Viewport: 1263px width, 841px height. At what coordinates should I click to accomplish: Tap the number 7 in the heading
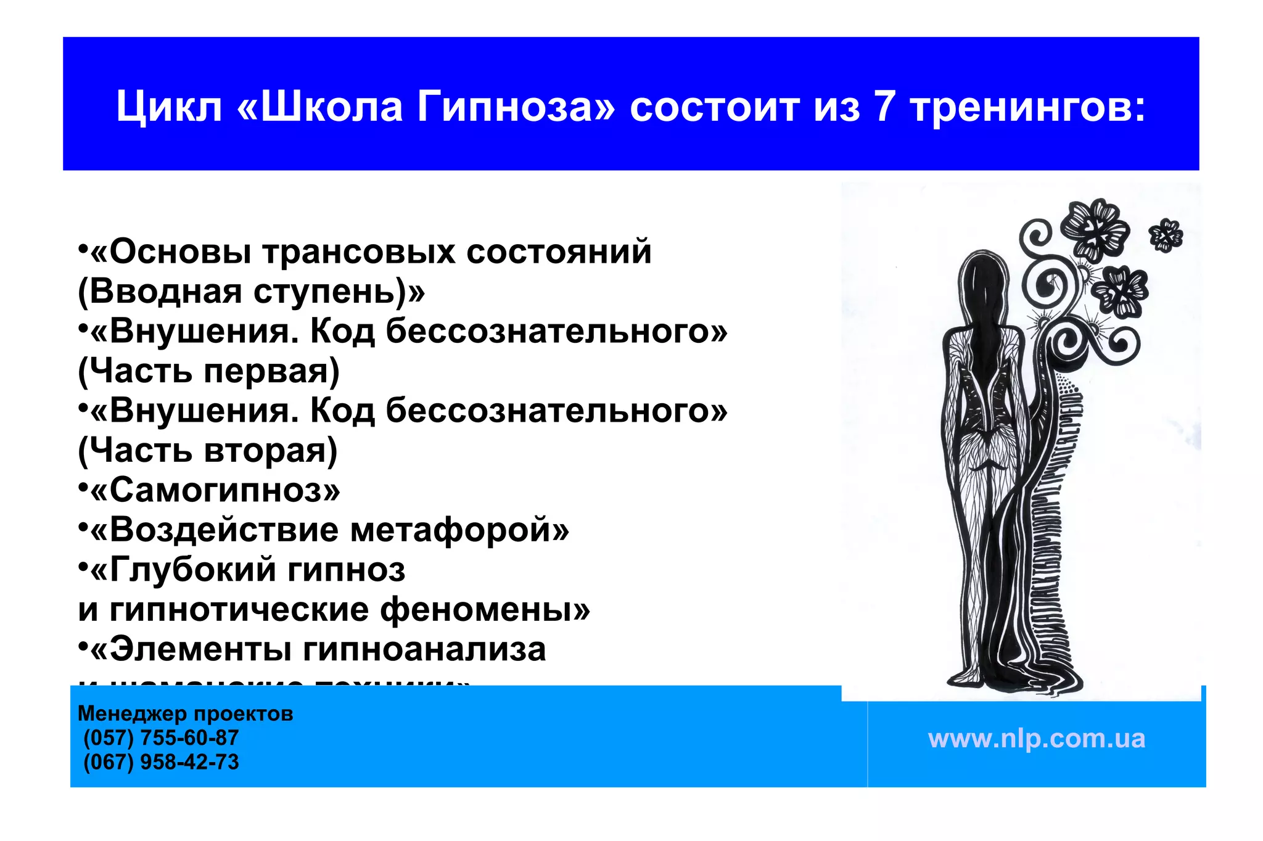884,107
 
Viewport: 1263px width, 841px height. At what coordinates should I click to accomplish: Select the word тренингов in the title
1027,107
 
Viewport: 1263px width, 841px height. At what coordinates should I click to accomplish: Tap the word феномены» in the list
485,610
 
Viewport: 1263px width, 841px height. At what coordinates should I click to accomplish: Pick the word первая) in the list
271,371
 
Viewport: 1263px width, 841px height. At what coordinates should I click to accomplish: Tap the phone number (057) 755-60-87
161,737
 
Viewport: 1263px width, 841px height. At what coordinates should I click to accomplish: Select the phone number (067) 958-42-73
161,762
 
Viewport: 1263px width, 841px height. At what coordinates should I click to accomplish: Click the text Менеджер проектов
185,713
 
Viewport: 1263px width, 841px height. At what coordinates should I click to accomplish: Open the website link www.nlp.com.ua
1036,739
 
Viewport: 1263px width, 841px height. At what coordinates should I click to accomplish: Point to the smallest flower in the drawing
1166,235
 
